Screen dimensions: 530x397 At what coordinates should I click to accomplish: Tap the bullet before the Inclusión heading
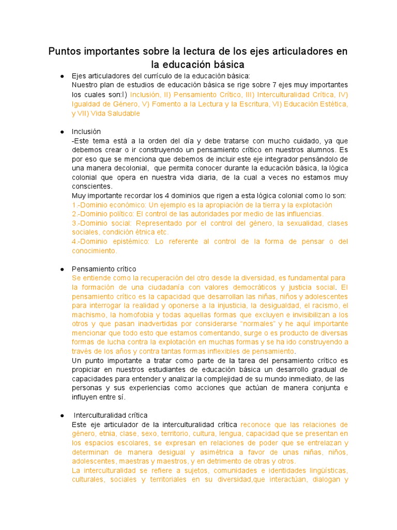[62, 132]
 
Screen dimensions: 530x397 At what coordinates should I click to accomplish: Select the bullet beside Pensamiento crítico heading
[62, 269]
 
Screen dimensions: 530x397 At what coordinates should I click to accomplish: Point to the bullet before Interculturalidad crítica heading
[62, 415]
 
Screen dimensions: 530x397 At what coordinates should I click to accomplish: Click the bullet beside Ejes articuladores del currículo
[62, 76]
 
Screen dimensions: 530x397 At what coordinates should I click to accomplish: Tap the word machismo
[88, 315]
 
